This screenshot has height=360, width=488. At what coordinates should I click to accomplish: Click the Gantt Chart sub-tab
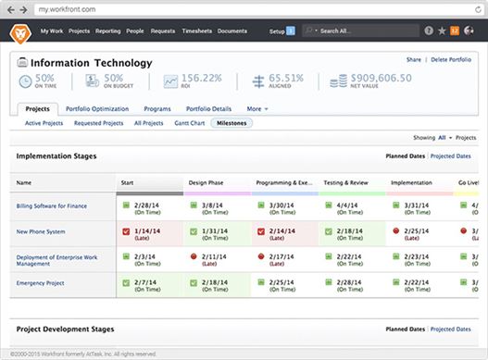coord(190,122)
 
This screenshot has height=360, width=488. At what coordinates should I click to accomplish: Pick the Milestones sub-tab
coord(232,122)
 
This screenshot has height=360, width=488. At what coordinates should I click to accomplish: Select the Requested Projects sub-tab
coord(98,122)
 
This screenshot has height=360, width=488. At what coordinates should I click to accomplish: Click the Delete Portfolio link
coord(451,60)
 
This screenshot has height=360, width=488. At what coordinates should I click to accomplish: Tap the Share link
coord(413,60)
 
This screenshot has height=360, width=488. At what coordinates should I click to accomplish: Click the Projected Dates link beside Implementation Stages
coord(451,156)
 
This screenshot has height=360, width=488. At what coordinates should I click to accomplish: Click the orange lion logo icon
coord(19,31)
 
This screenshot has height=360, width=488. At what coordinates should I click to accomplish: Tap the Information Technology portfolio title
coord(91,63)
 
